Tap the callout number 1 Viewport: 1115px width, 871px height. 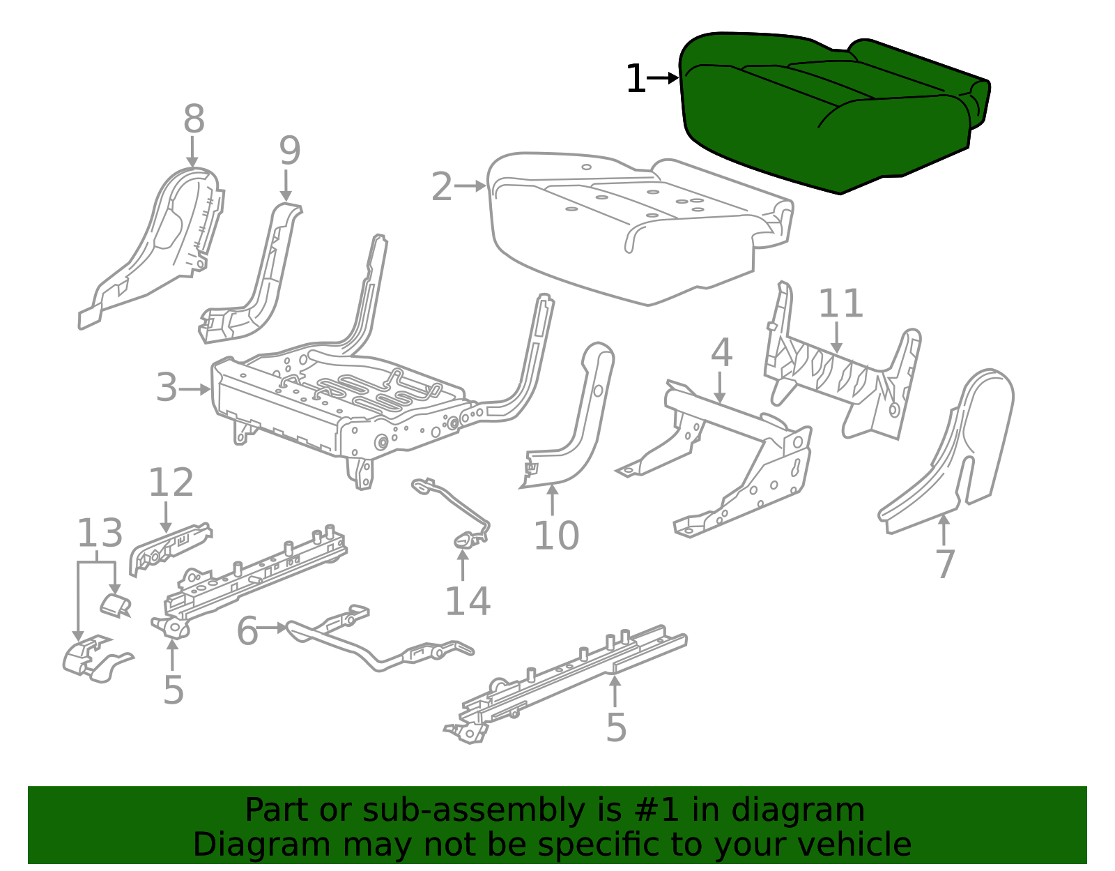[x=636, y=79]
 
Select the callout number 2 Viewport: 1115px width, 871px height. [x=442, y=187]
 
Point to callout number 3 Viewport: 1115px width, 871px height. [x=167, y=388]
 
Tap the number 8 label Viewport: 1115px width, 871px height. [x=194, y=119]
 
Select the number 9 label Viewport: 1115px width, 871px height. [x=289, y=151]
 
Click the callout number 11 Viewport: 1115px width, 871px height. [x=840, y=304]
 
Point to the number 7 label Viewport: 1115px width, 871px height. [x=944, y=564]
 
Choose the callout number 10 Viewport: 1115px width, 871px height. [x=556, y=536]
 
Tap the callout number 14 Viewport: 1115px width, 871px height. [x=467, y=601]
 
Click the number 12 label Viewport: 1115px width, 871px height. [x=171, y=483]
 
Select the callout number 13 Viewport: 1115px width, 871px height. [x=99, y=533]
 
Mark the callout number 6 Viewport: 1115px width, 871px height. [x=247, y=631]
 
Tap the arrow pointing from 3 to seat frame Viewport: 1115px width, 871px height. [x=195, y=389]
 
